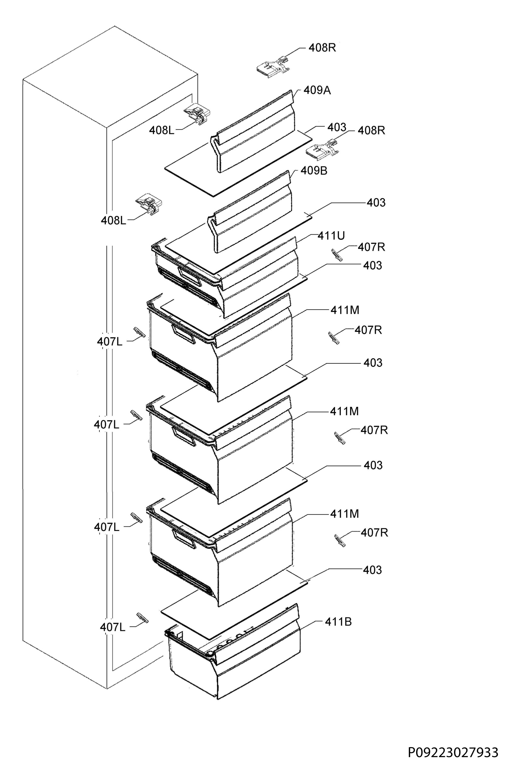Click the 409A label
pos(317,90)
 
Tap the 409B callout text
pos(314,171)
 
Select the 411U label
pos(331,236)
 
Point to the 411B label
pos(338,622)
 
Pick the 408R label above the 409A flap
pos(322,48)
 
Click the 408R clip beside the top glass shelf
pos(323,150)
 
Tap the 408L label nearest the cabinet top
pos(162,130)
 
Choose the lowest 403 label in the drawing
pos(372,570)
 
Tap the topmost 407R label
pos(371,247)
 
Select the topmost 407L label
pos(110,342)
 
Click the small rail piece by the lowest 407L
pos(142,618)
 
